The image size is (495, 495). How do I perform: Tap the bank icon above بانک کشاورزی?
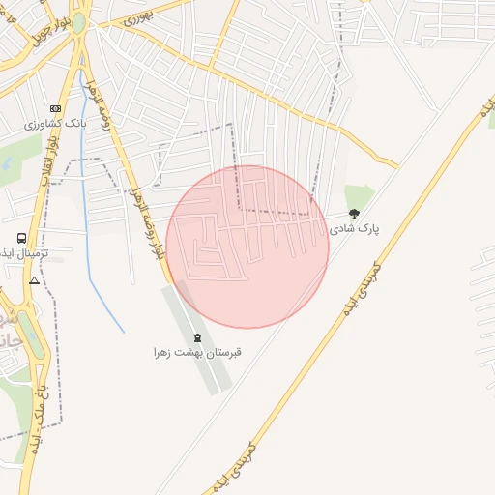pos(55,108)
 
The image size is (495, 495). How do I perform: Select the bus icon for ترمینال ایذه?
pos(21,238)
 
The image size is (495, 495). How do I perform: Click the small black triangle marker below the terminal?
pos(35,280)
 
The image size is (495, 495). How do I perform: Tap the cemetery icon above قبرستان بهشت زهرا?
pos(198,337)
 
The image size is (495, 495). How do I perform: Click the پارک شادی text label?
pos(355,229)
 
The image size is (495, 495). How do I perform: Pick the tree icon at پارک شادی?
pos(354,214)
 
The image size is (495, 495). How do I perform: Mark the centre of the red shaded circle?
pos(247,247)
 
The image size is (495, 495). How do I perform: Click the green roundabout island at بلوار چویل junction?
pos(78,24)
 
